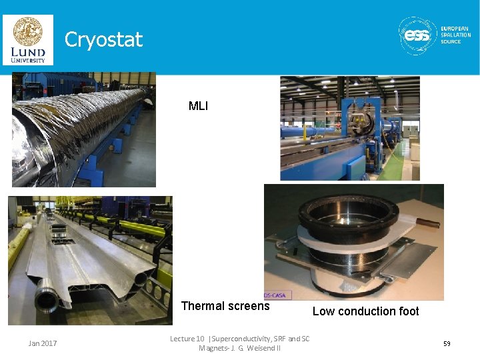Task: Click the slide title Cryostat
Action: click(x=103, y=40)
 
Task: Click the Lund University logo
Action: click(x=27, y=39)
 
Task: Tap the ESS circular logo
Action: click(x=417, y=35)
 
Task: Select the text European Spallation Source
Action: click(x=455, y=35)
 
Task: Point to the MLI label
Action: click(x=198, y=106)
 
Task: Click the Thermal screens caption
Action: click(x=225, y=307)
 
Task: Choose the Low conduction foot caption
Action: click(x=365, y=311)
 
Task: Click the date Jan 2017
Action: click(x=43, y=343)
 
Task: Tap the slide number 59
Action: click(x=447, y=343)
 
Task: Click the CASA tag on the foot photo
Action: click(x=277, y=295)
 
